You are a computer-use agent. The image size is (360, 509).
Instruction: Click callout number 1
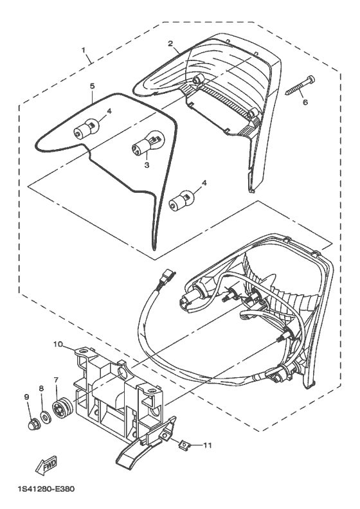(x=83, y=50)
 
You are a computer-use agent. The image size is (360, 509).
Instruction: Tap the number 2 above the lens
(x=170, y=44)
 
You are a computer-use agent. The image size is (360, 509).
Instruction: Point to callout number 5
(x=92, y=85)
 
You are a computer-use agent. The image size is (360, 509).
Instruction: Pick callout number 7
(x=56, y=380)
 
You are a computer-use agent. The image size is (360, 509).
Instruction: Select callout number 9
(x=27, y=397)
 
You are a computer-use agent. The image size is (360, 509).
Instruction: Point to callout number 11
(x=207, y=445)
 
